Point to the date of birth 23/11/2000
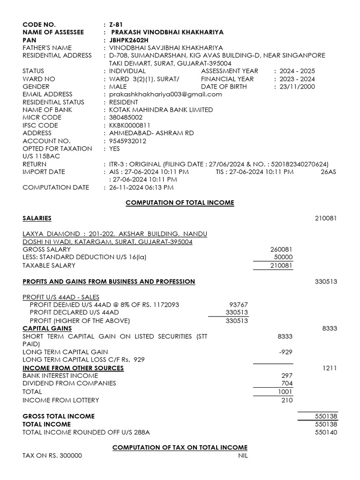297,87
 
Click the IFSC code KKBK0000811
129,126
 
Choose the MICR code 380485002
126,118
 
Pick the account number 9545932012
127,141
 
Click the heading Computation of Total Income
180,202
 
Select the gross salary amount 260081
281,249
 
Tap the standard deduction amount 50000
283,257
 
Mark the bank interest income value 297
287,376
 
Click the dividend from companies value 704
287,383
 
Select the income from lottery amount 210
287,400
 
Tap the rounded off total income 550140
326,432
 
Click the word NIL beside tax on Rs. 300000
242,456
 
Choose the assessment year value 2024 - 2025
297,71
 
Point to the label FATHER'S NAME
47,48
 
